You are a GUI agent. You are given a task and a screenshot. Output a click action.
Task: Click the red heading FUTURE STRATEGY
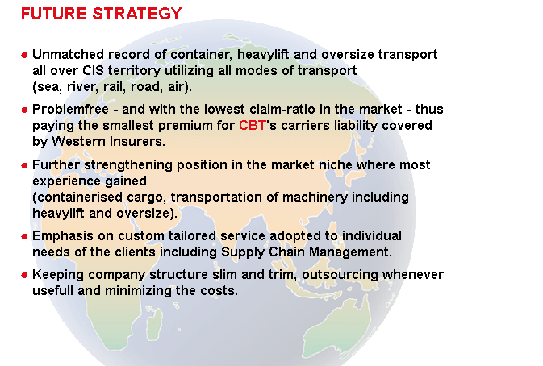[x=101, y=14]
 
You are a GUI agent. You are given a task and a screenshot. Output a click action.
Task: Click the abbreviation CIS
[x=93, y=71]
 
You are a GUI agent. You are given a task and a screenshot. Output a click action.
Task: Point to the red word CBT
[x=253, y=125]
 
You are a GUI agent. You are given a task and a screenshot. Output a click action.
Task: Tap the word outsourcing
[x=340, y=275]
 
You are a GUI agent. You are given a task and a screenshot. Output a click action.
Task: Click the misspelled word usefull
[x=53, y=290]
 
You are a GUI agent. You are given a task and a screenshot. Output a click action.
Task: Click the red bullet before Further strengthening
[x=24, y=165]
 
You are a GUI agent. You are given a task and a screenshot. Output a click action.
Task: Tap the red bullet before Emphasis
[x=24, y=237]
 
